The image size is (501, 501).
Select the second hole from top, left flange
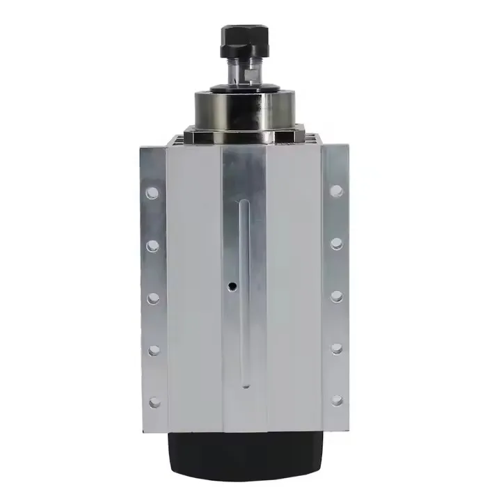point(153,245)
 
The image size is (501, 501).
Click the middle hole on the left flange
point(153,298)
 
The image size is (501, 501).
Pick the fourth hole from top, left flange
point(154,350)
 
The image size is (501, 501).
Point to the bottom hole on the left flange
point(154,402)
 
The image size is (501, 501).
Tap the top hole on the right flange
point(337,191)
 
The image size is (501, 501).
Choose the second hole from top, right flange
point(337,244)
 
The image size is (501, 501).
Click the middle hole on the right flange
point(337,296)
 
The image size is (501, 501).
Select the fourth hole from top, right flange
point(337,348)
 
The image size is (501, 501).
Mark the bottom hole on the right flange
point(337,400)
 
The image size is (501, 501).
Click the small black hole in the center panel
point(231,286)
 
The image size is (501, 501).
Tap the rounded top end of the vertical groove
point(243,202)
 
